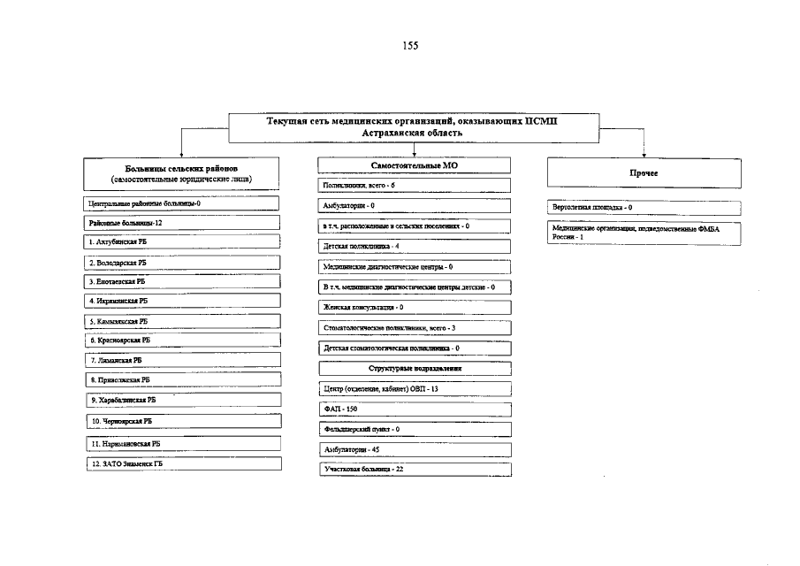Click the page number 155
[x=410, y=46]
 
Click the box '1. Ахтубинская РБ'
[x=183, y=241]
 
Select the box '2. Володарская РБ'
[x=183, y=263]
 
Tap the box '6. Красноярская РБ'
[x=183, y=340]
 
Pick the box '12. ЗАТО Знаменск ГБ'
[x=183, y=463]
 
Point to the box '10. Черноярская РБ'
[x=183, y=422]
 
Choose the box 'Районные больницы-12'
[x=183, y=223]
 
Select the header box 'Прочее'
[x=643, y=173]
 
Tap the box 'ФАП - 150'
[x=414, y=409]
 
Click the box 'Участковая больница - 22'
[x=414, y=470]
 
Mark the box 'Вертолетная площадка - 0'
[x=643, y=208]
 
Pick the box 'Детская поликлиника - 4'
[x=414, y=246]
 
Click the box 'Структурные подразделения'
[x=414, y=368]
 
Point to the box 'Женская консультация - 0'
[x=414, y=307]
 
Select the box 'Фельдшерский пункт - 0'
[x=414, y=430]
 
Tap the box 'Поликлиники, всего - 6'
[x=414, y=186]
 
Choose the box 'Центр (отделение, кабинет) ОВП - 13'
[x=414, y=389]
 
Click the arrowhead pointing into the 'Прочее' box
[x=644, y=154]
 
